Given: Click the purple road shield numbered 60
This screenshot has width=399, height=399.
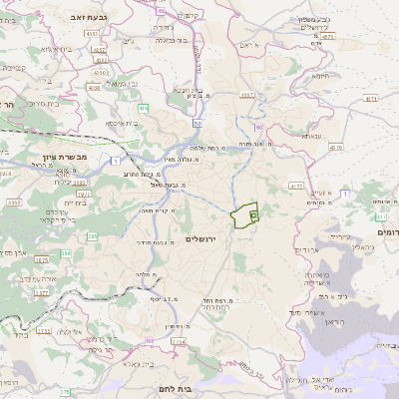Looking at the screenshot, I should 257,128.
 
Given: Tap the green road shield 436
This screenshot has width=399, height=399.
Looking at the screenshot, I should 144,108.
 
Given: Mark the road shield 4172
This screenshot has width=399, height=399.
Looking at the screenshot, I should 295,187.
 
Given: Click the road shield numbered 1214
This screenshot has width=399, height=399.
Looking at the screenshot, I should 178,342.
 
